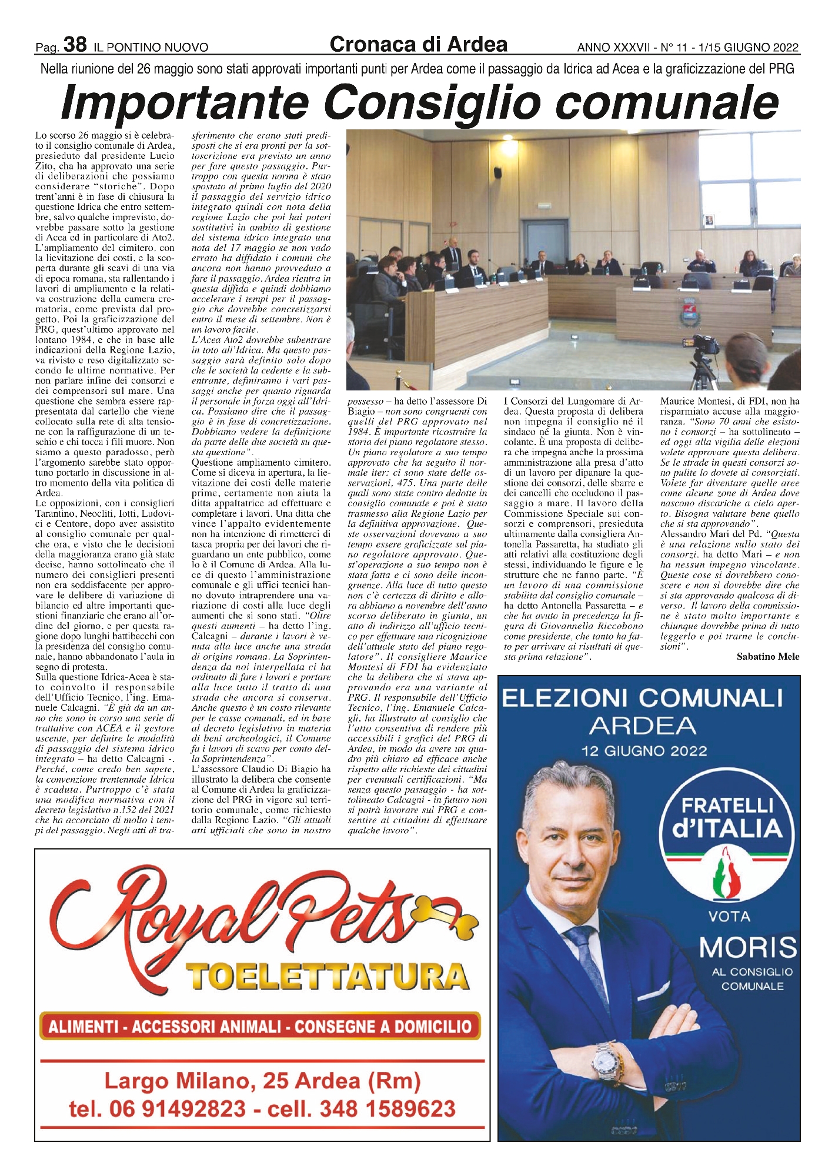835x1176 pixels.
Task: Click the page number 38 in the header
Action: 75,44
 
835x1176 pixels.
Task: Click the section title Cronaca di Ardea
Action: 418,44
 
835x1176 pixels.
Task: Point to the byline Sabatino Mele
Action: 767,656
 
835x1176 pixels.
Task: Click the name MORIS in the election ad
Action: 747,947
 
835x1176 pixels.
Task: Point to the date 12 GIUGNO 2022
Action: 644,750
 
